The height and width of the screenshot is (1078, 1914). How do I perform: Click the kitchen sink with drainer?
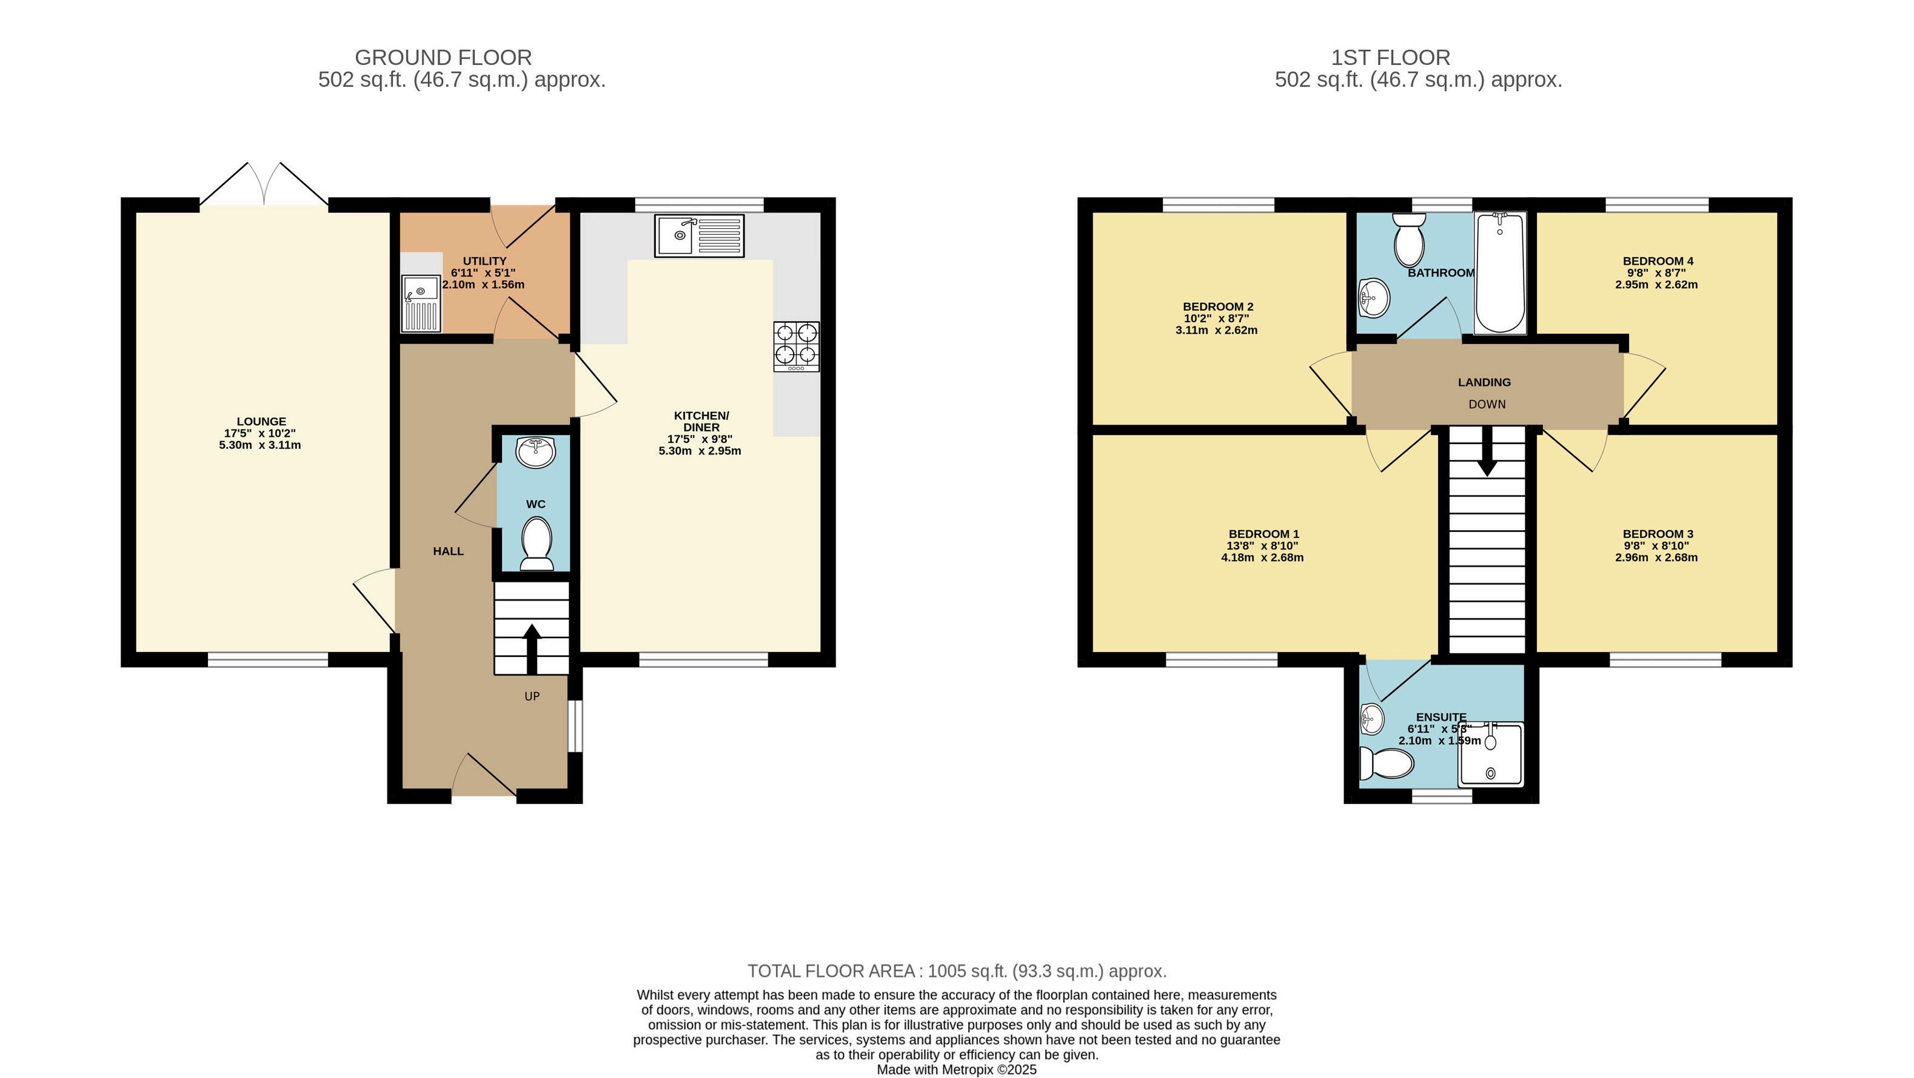tap(699, 235)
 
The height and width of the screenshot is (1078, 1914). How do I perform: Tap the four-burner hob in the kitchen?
tap(797, 346)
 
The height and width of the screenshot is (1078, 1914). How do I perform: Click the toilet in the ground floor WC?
tap(537, 544)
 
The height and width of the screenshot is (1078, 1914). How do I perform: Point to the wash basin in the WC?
tap(536, 452)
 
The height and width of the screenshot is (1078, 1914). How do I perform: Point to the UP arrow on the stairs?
tap(532, 649)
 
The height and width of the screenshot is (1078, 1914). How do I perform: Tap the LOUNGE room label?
tap(261, 422)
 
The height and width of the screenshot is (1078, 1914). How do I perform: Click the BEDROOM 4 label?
tap(1658, 261)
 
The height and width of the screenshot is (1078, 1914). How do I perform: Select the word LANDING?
tap(1484, 382)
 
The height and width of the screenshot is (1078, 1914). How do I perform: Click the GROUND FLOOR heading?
tap(444, 57)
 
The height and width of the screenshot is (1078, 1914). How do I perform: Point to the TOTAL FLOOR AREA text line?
tap(957, 971)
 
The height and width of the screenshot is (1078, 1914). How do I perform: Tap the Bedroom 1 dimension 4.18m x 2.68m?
tap(1262, 558)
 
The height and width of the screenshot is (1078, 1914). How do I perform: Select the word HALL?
tap(448, 551)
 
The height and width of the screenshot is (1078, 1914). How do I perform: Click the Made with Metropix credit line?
tap(956, 1070)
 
